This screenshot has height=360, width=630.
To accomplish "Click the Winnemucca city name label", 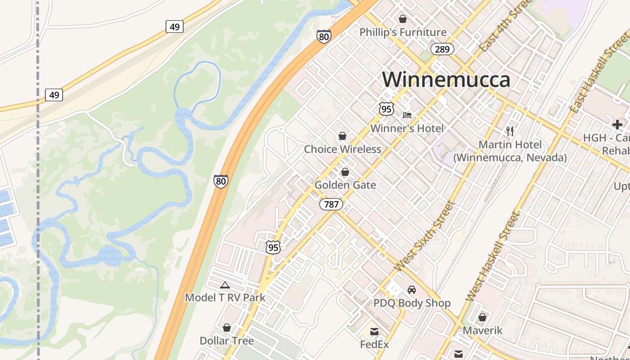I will pos(446,80).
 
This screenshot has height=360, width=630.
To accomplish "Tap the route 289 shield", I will pos(442,49).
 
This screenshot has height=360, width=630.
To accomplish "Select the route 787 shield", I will pos(331,204).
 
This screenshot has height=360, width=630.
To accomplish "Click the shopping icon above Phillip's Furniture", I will pos(402,19).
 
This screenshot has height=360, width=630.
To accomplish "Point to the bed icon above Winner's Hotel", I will pos(407,115).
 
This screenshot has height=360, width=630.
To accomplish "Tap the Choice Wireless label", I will pos(342,149).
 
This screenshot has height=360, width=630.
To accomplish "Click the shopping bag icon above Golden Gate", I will pos(345,172).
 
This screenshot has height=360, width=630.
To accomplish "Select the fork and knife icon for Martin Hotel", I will pos(509,131).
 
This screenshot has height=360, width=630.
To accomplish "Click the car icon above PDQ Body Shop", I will pos(411,290).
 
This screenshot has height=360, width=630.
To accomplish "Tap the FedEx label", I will pos(374,344).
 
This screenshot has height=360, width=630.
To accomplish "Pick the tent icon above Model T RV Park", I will pos(225,284).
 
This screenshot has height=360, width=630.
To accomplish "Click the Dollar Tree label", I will pos(227,341).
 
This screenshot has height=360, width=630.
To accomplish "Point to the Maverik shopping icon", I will pos(482,317).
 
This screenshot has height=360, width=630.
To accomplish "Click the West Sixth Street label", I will pos(424,237).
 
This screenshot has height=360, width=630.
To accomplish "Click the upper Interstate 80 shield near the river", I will pos(324,36).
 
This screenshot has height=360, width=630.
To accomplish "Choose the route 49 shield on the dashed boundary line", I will pos(54,95).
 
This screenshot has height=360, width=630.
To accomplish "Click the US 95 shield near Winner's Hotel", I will pos(386,108).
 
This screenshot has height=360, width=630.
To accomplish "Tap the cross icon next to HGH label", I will pos(617,125).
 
